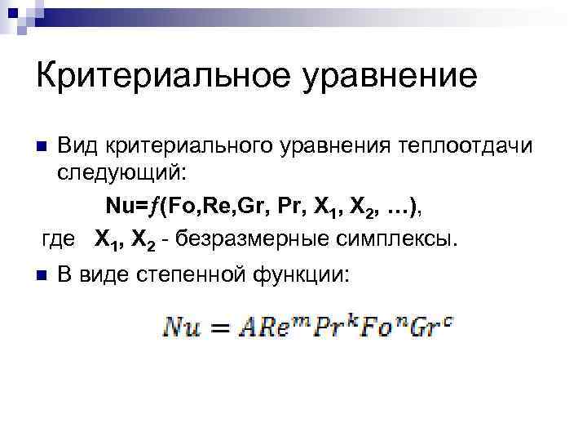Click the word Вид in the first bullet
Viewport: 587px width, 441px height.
click(78, 145)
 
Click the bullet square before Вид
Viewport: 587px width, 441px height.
click(42, 147)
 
